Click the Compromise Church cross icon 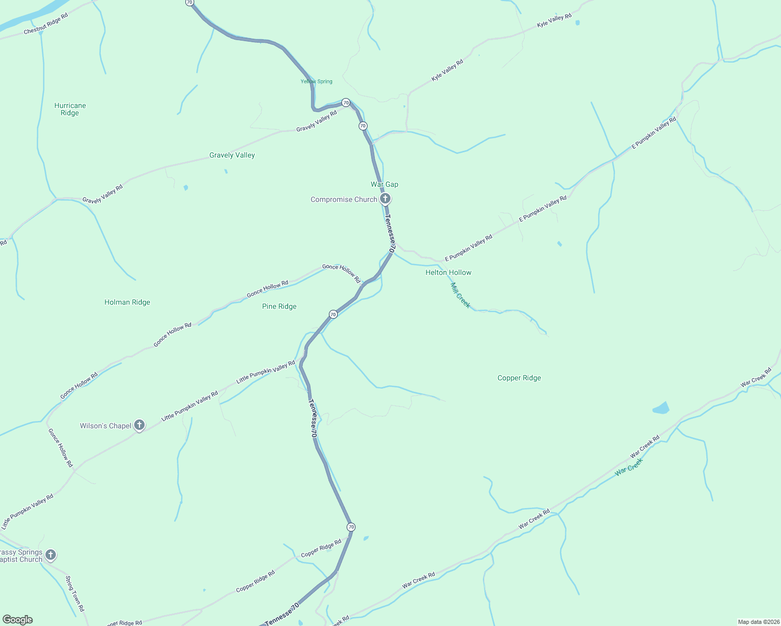[x=385, y=198]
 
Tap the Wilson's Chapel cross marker [x=139, y=425]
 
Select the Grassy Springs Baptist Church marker [x=51, y=555]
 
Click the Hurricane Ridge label [x=70, y=109]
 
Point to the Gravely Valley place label [x=232, y=155]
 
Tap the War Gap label [x=384, y=184]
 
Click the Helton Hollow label [x=448, y=272]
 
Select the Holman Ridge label [x=127, y=302]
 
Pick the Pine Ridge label [x=279, y=306]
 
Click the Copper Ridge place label [x=519, y=378]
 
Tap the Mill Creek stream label [x=460, y=295]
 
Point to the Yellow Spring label [x=316, y=81]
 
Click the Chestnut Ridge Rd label [x=46, y=24]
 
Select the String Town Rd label [x=75, y=594]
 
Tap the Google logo [x=18, y=620]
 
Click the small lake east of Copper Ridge [x=661, y=408]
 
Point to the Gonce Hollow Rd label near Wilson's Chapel [x=61, y=448]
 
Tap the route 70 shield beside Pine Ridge [x=333, y=314]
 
